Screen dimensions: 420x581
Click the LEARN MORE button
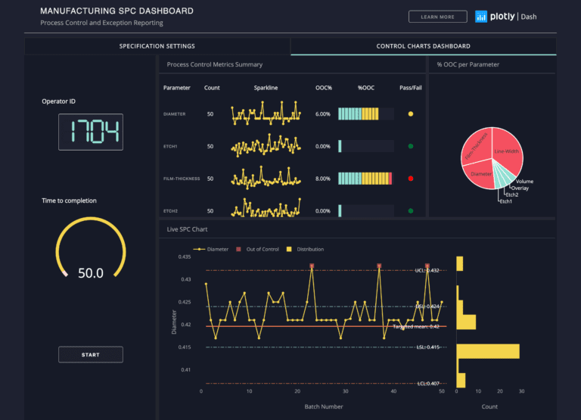coord(438,17)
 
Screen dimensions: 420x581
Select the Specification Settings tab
coord(157,46)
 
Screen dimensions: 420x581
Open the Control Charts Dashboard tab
coord(423,46)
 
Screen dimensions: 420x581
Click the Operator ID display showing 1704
coord(91,132)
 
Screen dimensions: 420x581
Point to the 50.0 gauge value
coord(91,273)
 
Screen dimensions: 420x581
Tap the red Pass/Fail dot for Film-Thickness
coord(411,179)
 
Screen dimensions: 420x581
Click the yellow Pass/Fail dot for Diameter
coord(411,114)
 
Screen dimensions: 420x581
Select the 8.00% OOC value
coord(323,179)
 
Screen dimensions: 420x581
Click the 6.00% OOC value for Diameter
coord(323,114)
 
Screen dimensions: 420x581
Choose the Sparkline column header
coord(266,88)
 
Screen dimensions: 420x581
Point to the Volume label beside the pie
coord(524,182)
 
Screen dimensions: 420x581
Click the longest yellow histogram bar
coord(488,351)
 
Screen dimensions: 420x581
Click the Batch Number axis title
coord(325,407)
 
